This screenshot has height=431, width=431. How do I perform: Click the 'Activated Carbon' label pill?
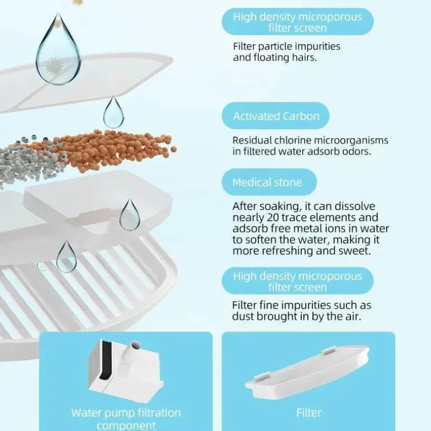[275, 116]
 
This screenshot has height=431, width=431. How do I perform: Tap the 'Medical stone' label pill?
[269, 182]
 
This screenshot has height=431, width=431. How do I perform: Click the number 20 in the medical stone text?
[273, 217]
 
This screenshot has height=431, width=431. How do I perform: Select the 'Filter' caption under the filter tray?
[308, 413]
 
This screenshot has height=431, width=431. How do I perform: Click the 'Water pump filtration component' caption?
[126, 419]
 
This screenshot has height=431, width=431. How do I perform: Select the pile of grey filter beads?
[30, 162]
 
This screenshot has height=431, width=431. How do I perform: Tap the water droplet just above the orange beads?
[113, 112]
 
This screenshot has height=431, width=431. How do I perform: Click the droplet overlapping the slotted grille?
[66, 257]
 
